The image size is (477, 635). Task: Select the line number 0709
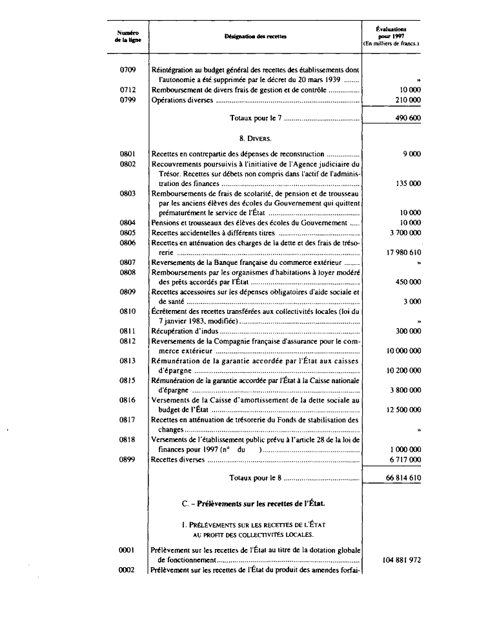pos(128,68)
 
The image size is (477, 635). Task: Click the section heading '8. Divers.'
pos(256,138)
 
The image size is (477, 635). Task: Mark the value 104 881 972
pos(397,560)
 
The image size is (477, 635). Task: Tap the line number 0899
pos(128,459)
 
